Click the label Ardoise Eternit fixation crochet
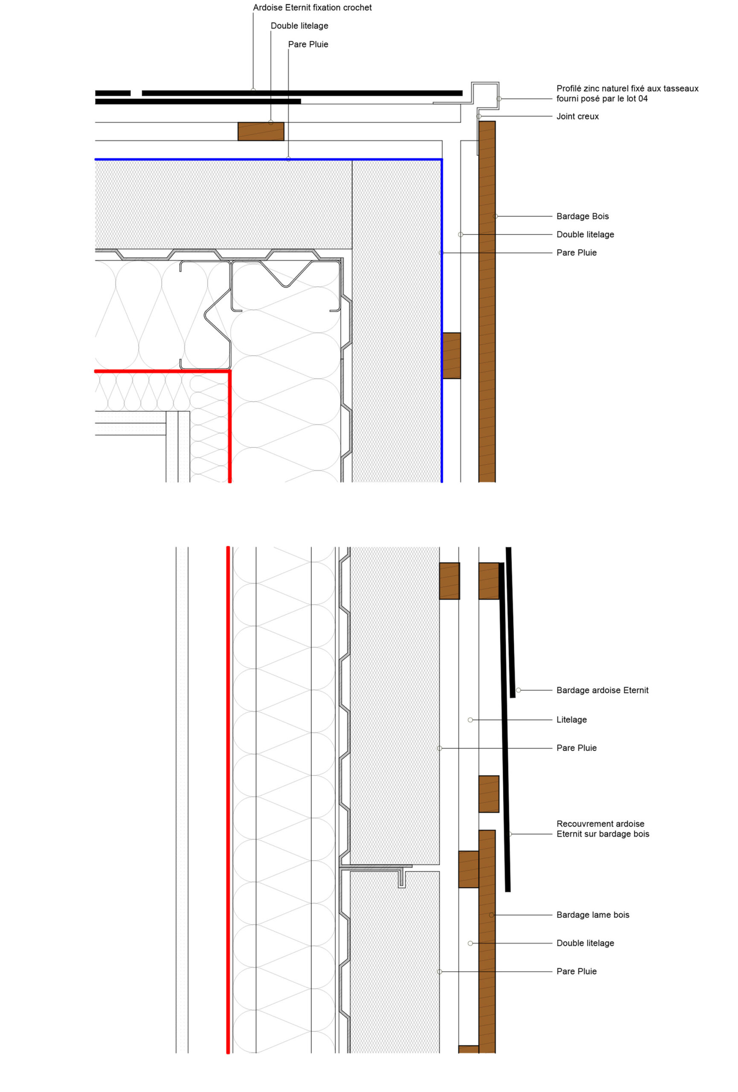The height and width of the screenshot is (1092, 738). tap(312, 8)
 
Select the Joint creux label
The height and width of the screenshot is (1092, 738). tap(577, 116)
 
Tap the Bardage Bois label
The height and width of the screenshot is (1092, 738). tap(582, 216)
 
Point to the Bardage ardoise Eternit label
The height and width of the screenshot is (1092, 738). tap(602, 690)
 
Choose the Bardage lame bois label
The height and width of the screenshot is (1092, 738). tap(593, 915)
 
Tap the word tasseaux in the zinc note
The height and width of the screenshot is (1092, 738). tap(681, 88)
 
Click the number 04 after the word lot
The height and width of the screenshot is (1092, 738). tap(642, 99)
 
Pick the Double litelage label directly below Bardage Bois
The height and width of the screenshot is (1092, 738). tap(585, 235)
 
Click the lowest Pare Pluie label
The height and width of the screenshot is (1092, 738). tap(576, 971)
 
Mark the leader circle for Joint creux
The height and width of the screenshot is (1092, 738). tap(479, 116)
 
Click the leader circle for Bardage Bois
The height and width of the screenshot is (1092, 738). tap(495, 216)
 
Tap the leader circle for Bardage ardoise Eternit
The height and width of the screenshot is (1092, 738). tap(518, 690)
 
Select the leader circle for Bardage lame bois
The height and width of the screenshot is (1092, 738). tap(491, 915)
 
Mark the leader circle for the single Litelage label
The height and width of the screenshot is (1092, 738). tap(470, 720)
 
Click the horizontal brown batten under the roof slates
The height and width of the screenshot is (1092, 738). tap(261, 131)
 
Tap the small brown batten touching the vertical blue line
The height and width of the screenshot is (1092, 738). tap(451, 356)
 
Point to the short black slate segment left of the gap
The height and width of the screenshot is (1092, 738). tap(113, 93)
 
